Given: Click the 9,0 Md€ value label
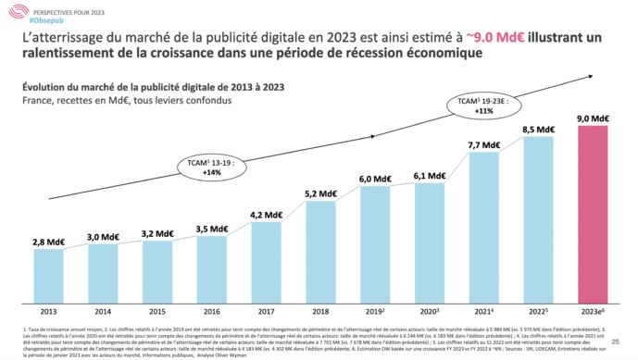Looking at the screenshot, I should pyautogui.click(x=593, y=118).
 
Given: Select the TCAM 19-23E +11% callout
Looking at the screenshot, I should pyautogui.click(x=477, y=105).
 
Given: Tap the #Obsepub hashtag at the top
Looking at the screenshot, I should pyautogui.click(x=35, y=19).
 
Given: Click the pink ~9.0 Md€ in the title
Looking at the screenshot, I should pyautogui.click(x=544, y=36).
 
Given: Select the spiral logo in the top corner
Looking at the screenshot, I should pyautogui.click(x=12, y=11).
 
